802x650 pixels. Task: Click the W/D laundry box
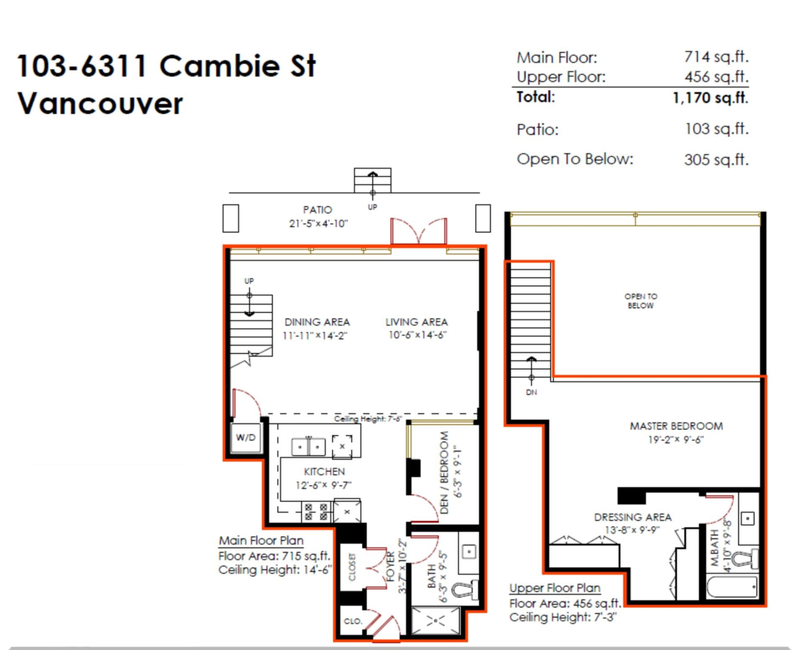pos(246,438)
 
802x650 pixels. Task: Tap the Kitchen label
pos(324,472)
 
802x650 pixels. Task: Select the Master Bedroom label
pos(676,426)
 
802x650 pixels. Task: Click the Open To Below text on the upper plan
pos(640,301)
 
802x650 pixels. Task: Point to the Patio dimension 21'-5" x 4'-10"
pos(318,224)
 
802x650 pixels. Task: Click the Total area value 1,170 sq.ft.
pos(710,98)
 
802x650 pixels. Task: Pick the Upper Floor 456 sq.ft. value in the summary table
pos(716,77)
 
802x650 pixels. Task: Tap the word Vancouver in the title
pos(100,104)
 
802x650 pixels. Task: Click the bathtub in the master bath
pos(732,587)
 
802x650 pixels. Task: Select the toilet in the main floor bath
pos(465,589)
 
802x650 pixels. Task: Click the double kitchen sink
pos(308,447)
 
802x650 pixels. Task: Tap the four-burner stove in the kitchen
pos(316,512)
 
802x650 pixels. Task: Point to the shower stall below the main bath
pos(436,620)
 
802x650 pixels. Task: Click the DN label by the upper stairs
pos(531,393)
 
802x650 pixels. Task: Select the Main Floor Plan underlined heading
pos(261,541)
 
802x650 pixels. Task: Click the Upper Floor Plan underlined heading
pos(555,589)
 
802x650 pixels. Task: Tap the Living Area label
pos(416,322)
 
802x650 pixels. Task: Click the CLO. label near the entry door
pos(353,621)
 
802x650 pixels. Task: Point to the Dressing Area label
pos(633,517)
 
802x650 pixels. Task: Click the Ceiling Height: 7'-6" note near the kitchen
pos(368,419)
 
